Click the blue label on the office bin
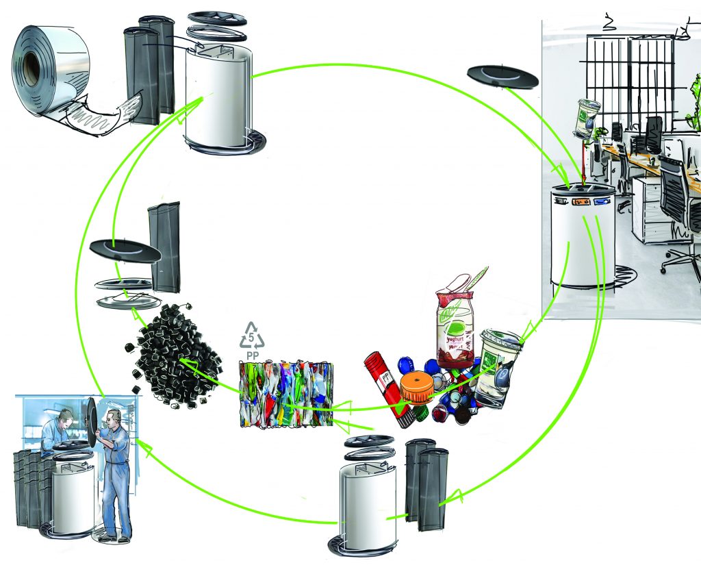[x=601, y=202]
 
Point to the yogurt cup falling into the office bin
[x=586, y=117]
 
